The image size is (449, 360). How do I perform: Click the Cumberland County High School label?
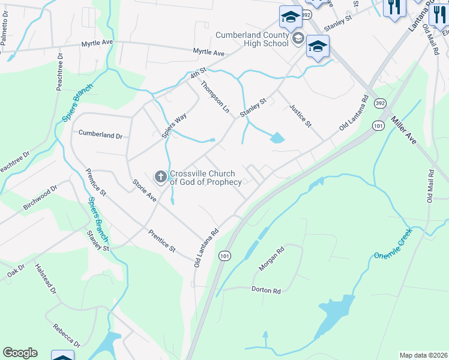(253, 39)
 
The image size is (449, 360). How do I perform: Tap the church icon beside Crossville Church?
(161, 176)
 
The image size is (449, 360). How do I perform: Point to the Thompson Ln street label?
(215, 97)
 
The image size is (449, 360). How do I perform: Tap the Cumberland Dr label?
(100, 135)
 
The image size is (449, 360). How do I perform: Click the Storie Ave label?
(145, 190)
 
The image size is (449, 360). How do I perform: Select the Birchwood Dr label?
(40, 197)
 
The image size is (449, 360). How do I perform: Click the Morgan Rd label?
(271, 259)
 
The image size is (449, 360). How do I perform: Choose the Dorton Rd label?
(266, 291)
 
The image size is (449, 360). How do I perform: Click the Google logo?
(20, 353)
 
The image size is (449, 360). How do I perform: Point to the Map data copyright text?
(423, 355)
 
